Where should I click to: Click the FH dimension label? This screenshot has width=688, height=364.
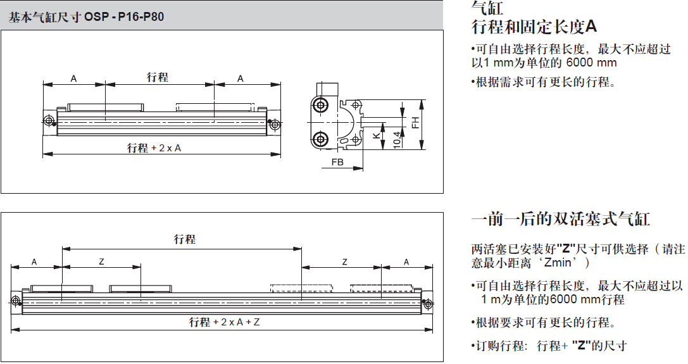[415, 122]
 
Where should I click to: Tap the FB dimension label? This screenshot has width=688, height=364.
[337, 162]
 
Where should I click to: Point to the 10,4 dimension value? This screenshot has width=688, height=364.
[397, 140]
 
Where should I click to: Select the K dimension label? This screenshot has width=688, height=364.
[377, 135]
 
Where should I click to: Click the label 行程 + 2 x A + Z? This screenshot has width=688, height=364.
[224, 322]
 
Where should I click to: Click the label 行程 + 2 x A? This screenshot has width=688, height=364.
[154, 148]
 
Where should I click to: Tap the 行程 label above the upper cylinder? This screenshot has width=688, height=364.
[158, 77]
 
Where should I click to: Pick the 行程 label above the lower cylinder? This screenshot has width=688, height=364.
[185, 239]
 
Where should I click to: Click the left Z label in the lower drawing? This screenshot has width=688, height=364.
[101, 261]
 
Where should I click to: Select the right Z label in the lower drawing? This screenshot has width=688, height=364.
[344, 261]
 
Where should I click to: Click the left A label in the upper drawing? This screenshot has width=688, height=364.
[73, 78]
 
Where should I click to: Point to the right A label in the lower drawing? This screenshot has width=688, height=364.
[406, 261]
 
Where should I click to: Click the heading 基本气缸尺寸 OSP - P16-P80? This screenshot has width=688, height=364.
[86, 17]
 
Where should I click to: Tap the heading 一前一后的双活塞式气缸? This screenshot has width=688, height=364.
[560, 218]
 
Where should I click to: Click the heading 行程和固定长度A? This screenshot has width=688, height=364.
[534, 27]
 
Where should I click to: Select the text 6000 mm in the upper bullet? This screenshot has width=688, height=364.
[591, 63]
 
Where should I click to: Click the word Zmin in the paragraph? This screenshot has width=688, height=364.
[558, 263]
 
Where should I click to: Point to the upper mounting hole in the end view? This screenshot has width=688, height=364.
[321, 105]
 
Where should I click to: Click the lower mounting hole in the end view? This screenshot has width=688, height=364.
[321, 140]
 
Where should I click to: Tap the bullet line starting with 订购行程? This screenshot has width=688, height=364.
[549, 346]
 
